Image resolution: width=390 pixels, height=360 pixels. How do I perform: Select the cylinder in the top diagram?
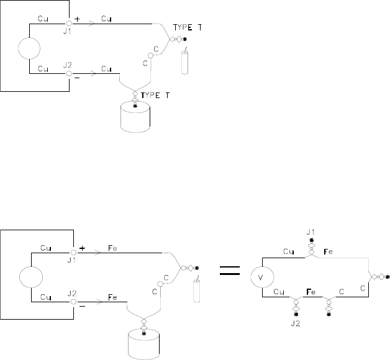coord(135,118)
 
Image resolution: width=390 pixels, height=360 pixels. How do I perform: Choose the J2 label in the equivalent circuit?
coord(296,323)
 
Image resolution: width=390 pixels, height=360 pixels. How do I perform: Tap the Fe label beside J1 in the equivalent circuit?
coord(329,253)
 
